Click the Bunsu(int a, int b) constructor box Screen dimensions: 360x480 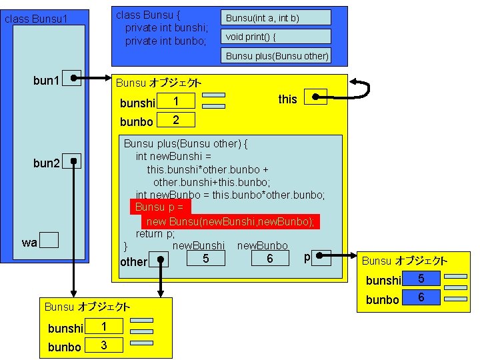276,18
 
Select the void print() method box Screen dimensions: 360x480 276,37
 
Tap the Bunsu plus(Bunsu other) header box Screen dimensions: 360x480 276,55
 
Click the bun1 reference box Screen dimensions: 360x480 73,79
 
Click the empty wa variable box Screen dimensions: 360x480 49,241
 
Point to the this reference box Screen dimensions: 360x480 315,97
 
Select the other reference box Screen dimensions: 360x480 159,259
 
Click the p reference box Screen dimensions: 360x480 321,257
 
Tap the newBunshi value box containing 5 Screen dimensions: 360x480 205,257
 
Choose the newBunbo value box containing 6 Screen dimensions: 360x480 270,257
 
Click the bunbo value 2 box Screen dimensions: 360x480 175,120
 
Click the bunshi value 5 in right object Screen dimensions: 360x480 421,279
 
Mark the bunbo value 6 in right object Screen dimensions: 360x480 421,297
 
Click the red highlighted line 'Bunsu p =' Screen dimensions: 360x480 160,207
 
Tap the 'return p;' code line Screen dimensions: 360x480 155,234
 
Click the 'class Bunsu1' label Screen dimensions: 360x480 36,19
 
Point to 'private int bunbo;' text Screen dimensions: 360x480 166,41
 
